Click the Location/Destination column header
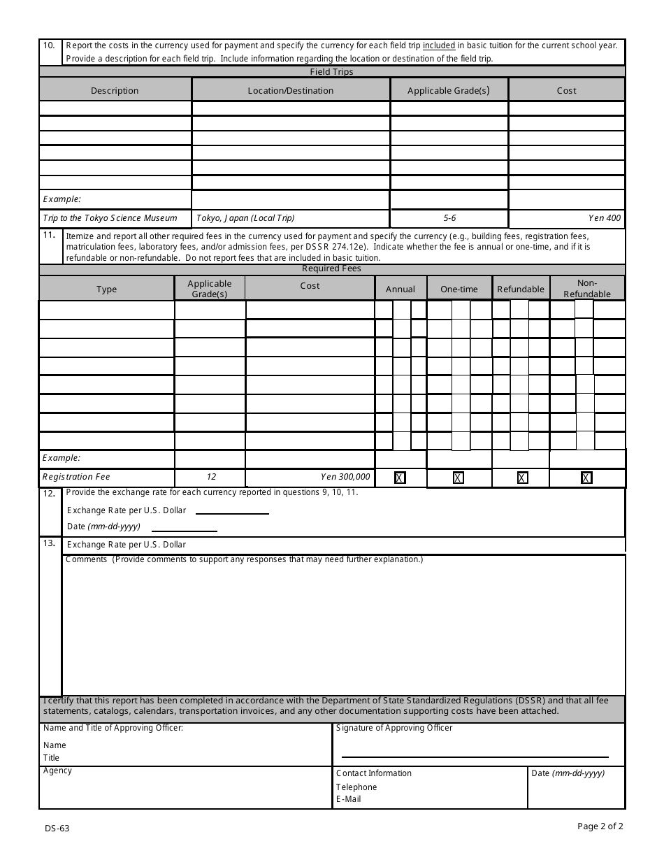click(290, 90)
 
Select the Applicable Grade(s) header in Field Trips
click(449, 90)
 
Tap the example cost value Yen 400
click(605, 218)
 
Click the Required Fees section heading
click(331, 268)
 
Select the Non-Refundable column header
click(587, 289)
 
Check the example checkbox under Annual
click(400, 478)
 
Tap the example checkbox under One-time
click(459, 478)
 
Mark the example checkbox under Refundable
click(522, 478)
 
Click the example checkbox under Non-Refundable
click(586, 478)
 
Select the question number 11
click(49, 235)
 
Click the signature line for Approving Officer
click(475, 757)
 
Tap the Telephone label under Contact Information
click(356, 787)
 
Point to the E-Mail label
click(349, 799)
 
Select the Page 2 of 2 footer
click(600, 826)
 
